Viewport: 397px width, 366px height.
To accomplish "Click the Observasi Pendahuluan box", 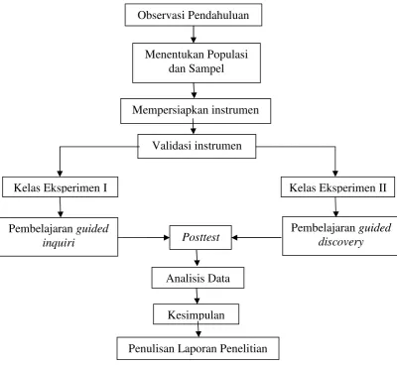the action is [x=194, y=15].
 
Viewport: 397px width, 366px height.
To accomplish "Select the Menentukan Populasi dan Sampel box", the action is [x=197, y=62].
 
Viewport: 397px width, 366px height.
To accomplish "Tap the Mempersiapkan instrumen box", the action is [x=196, y=111].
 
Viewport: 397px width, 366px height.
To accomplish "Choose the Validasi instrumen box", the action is [x=197, y=146].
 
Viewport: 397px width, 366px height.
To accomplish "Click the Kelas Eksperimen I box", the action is [x=61, y=187].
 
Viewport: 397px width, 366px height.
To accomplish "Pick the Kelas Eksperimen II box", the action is [x=338, y=187].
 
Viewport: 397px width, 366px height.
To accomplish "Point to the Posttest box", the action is [x=200, y=237].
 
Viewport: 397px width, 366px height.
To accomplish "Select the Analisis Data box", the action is [x=198, y=278].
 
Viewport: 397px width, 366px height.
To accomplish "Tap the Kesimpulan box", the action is [x=196, y=314].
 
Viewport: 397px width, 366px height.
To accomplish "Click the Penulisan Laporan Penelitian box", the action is [x=198, y=348].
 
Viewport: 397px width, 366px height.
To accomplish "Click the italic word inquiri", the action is [x=59, y=243].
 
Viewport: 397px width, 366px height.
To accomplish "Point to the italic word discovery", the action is [x=340, y=242].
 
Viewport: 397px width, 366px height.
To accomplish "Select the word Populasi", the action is [x=227, y=55].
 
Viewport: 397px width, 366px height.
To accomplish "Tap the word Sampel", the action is [x=206, y=68].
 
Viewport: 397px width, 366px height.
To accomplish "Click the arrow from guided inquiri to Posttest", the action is [x=144, y=237].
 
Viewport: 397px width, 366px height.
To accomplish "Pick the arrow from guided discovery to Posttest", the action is [x=257, y=237].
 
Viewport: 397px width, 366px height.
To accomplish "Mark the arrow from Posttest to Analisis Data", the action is [x=198, y=258].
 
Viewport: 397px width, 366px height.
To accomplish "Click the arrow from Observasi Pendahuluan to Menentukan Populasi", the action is [x=194, y=35].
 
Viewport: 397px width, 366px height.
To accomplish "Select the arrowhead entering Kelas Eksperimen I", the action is [x=60, y=174].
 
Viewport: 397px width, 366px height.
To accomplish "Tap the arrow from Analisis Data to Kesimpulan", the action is [x=198, y=296].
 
